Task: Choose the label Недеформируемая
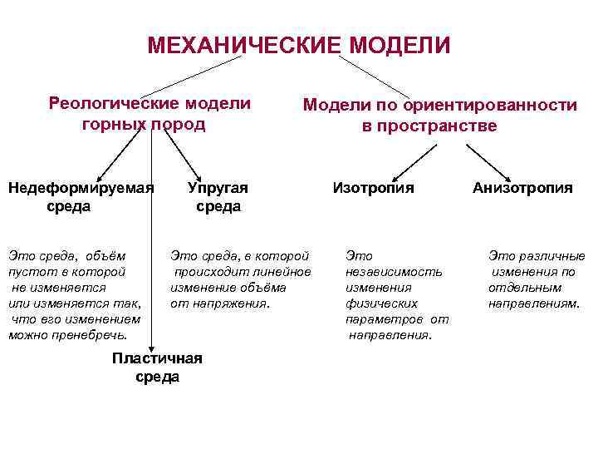tap(81, 188)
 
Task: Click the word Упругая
tap(218, 188)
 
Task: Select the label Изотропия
tap(373, 188)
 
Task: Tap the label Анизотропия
tap(522, 188)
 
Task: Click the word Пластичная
tap(157, 358)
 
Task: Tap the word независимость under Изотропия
tap(395, 272)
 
